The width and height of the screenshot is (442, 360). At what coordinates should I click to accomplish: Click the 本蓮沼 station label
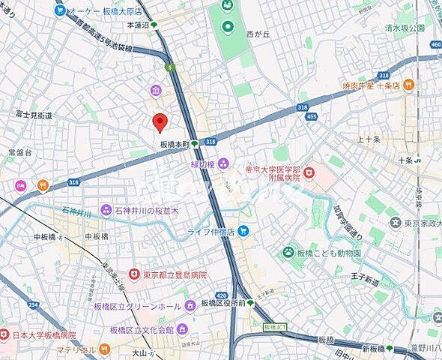138,25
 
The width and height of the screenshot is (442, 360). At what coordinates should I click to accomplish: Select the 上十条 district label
369,139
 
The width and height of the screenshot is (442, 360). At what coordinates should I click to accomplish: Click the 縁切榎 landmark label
203,164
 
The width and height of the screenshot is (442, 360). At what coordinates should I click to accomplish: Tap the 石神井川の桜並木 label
147,211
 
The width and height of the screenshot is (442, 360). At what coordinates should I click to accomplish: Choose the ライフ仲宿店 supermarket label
211,232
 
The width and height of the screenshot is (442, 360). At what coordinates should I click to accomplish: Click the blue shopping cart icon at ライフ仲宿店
243,232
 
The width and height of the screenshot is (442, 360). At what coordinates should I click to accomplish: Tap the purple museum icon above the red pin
155,91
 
